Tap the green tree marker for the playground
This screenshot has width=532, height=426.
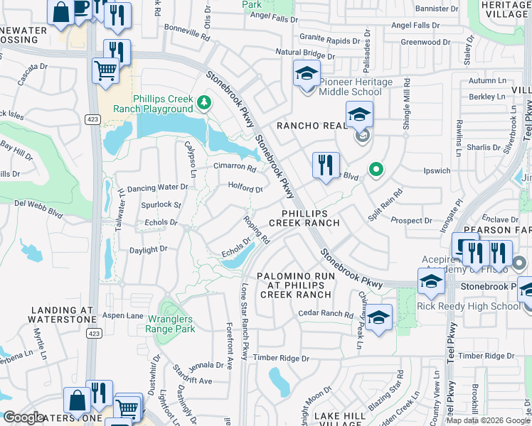204,104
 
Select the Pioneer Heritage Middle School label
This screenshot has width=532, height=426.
355,87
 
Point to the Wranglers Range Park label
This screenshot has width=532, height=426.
169,323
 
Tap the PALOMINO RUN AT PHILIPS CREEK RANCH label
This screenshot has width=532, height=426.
294,285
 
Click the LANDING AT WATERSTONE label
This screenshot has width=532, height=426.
62,315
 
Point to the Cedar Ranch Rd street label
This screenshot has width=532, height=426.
326,315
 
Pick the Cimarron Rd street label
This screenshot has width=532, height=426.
235,168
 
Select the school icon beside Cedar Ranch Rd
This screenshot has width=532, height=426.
378,318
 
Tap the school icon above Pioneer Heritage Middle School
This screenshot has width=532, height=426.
307,73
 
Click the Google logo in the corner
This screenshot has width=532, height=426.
23,417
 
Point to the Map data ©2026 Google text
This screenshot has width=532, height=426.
487,420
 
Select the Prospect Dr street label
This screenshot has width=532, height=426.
412,222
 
